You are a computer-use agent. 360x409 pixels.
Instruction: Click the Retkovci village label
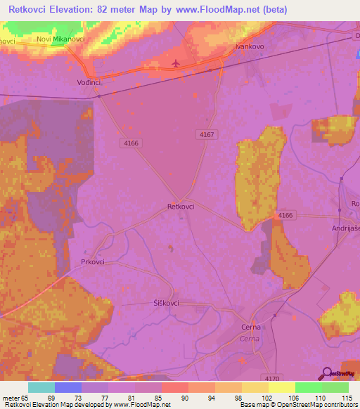tap(181, 207)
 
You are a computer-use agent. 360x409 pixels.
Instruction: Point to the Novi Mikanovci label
tap(60, 39)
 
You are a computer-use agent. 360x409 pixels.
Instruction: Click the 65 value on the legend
tap(28, 398)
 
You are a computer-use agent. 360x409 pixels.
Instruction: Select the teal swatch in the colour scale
tap(41, 387)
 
